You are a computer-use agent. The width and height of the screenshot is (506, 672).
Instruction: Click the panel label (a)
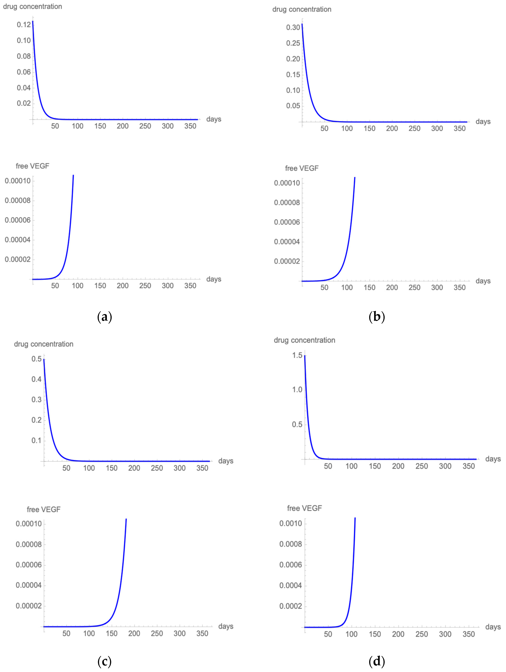pyautogui.click(x=104, y=317)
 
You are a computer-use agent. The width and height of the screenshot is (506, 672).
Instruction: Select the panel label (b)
pyautogui.click(x=377, y=317)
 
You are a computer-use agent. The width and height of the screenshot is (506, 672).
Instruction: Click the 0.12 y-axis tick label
pyautogui.click(x=24, y=25)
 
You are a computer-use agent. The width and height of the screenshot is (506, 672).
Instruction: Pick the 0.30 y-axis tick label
pyautogui.click(x=293, y=27)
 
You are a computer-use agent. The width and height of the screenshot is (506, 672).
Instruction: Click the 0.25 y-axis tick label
pyautogui.click(x=293, y=43)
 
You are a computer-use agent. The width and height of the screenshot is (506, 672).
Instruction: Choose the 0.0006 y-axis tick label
pyautogui.click(x=291, y=565)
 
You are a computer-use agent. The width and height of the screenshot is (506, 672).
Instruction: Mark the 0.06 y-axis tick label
pyautogui.click(x=24, y=72)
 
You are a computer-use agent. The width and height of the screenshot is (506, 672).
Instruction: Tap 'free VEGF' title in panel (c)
pyautogui.click(x=43, y=509)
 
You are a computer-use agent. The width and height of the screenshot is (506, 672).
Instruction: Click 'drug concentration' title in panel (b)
pyautogui.click(x=302, y=9)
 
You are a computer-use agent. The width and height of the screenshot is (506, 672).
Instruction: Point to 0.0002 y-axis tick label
pyautogui.click(x=291, y=606)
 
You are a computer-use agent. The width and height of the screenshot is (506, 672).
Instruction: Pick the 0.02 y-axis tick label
pyautogui.click(x=24, y=103)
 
